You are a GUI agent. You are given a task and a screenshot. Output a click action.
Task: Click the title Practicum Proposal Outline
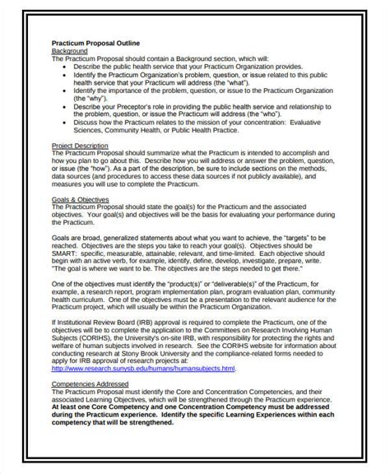(95, 43)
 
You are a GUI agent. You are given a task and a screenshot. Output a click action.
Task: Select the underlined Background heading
(70, 51)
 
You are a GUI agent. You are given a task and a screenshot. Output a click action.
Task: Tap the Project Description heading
(82, 145)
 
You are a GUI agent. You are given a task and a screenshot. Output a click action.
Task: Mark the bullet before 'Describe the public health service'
(66, 67)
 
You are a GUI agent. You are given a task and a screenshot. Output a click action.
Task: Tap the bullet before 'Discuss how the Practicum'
(66, 120)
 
